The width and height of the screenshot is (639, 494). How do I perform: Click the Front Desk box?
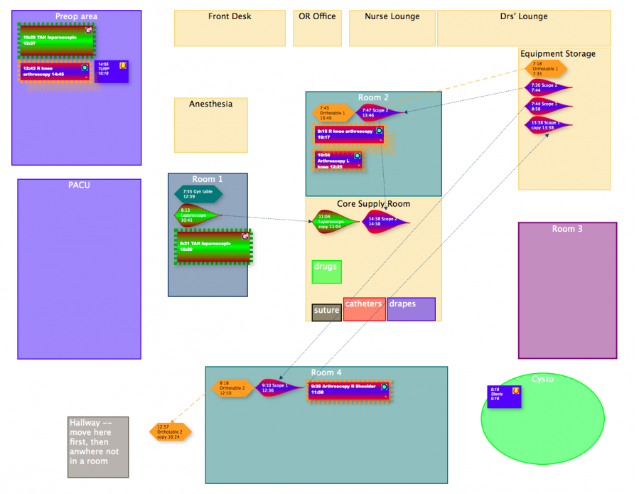[x=230, y=28]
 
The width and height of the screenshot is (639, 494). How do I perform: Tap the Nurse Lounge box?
[x=392, y=28]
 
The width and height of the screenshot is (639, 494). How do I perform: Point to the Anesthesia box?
[x=211, y=125]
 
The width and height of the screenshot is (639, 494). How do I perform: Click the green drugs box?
[x=326, y=272]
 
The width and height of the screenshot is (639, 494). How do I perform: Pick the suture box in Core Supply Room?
[x=327, y=312]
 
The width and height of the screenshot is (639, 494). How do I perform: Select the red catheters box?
[x=364, y=309]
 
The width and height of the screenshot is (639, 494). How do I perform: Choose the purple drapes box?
[x=411, y=309]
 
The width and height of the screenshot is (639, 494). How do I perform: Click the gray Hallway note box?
[x=98, y=447]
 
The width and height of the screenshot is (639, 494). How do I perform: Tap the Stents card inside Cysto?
[x=504, y=397]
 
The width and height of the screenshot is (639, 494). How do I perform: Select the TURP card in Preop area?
[x=112, y=71]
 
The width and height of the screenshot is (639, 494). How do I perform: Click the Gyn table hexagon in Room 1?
[x=198, y=193]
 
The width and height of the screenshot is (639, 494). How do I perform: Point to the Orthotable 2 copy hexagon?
[x=170, y=431]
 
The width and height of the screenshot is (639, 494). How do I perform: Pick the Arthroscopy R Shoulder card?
[x=348, y=390]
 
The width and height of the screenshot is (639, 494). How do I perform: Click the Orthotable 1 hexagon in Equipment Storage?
[x=545, y=68]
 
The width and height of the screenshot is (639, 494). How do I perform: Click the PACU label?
[x=79, y=186]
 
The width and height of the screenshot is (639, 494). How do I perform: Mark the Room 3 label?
[x=567, y=229]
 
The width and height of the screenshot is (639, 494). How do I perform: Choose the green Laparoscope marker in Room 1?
[x=195, y=215]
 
